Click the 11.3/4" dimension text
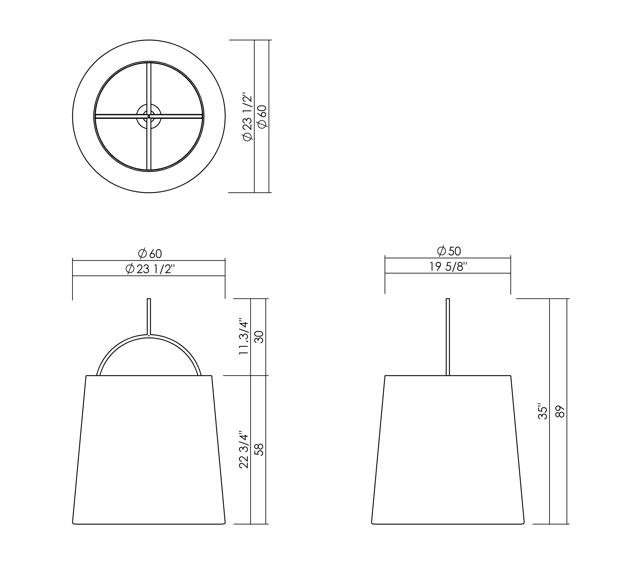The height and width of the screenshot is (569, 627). (x=243, y=337)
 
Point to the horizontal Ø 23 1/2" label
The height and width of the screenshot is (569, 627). (x=150, y=269)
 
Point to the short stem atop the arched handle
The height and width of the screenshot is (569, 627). (x=149, y=316)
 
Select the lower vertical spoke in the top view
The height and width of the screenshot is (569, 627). (x=149, y=146)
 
